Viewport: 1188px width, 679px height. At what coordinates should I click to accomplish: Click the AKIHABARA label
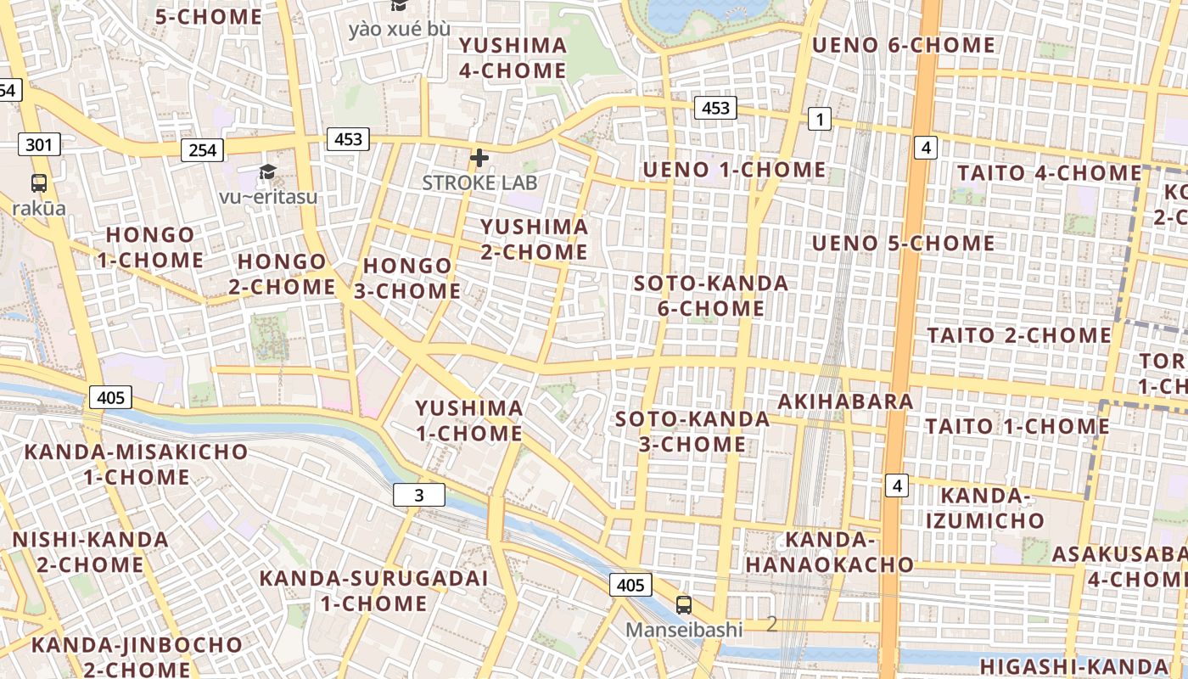845,401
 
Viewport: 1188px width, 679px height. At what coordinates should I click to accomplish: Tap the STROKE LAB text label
479,182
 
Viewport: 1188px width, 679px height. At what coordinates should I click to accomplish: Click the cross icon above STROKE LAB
479,158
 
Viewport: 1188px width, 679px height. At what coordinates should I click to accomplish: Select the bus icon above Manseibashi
684,605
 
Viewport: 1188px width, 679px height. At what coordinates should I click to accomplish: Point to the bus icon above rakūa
39,182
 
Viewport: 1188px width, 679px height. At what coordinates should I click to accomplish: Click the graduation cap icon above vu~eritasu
268,172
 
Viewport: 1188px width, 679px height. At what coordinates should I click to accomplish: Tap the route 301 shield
39,144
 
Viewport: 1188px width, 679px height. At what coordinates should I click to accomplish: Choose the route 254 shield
202,150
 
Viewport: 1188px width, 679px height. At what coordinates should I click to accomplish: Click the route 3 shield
419,495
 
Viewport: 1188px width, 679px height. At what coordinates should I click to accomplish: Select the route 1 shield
819,120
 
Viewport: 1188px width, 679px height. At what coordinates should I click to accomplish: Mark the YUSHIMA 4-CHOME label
513,58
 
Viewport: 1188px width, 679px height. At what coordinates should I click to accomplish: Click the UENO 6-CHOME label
904,45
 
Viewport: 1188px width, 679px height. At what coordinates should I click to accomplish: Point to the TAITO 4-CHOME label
1050,173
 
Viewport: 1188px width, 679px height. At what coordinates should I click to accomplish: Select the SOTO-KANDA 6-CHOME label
711,295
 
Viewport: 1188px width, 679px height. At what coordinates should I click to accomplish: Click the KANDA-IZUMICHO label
985,508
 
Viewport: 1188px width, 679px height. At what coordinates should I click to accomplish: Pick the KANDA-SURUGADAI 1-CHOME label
373,591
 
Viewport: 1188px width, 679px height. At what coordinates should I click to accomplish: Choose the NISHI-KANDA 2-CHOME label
90,552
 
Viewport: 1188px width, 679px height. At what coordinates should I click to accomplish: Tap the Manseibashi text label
684,630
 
